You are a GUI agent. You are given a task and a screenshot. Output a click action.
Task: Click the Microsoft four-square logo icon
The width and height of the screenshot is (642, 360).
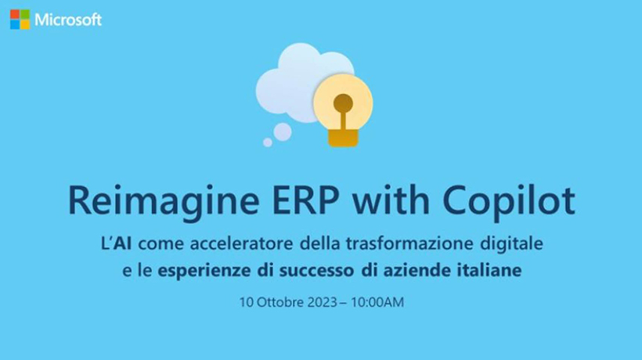point(20,20)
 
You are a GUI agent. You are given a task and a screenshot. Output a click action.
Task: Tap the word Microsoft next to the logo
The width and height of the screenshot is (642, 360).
point(68,20)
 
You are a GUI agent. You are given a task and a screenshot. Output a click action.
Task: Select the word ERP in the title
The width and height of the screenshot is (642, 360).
point(305,200)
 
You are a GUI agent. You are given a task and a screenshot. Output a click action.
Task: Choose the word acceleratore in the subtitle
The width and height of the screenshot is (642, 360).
point(242,244)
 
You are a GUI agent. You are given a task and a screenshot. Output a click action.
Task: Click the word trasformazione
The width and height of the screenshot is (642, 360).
point(409,244)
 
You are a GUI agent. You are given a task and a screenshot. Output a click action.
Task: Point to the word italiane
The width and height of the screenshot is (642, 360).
point(488,271)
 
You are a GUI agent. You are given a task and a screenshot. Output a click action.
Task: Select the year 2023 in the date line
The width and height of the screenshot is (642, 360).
point(323,302)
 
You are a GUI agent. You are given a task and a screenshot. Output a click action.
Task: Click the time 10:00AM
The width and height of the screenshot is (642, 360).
point(377,302)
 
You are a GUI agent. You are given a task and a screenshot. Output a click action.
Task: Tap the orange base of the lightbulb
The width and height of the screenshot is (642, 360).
point(343,138)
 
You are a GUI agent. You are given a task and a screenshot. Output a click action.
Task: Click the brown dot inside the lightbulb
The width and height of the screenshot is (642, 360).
point(343,103)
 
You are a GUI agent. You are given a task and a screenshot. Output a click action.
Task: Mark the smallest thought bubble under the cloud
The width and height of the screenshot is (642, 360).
point(267,142)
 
